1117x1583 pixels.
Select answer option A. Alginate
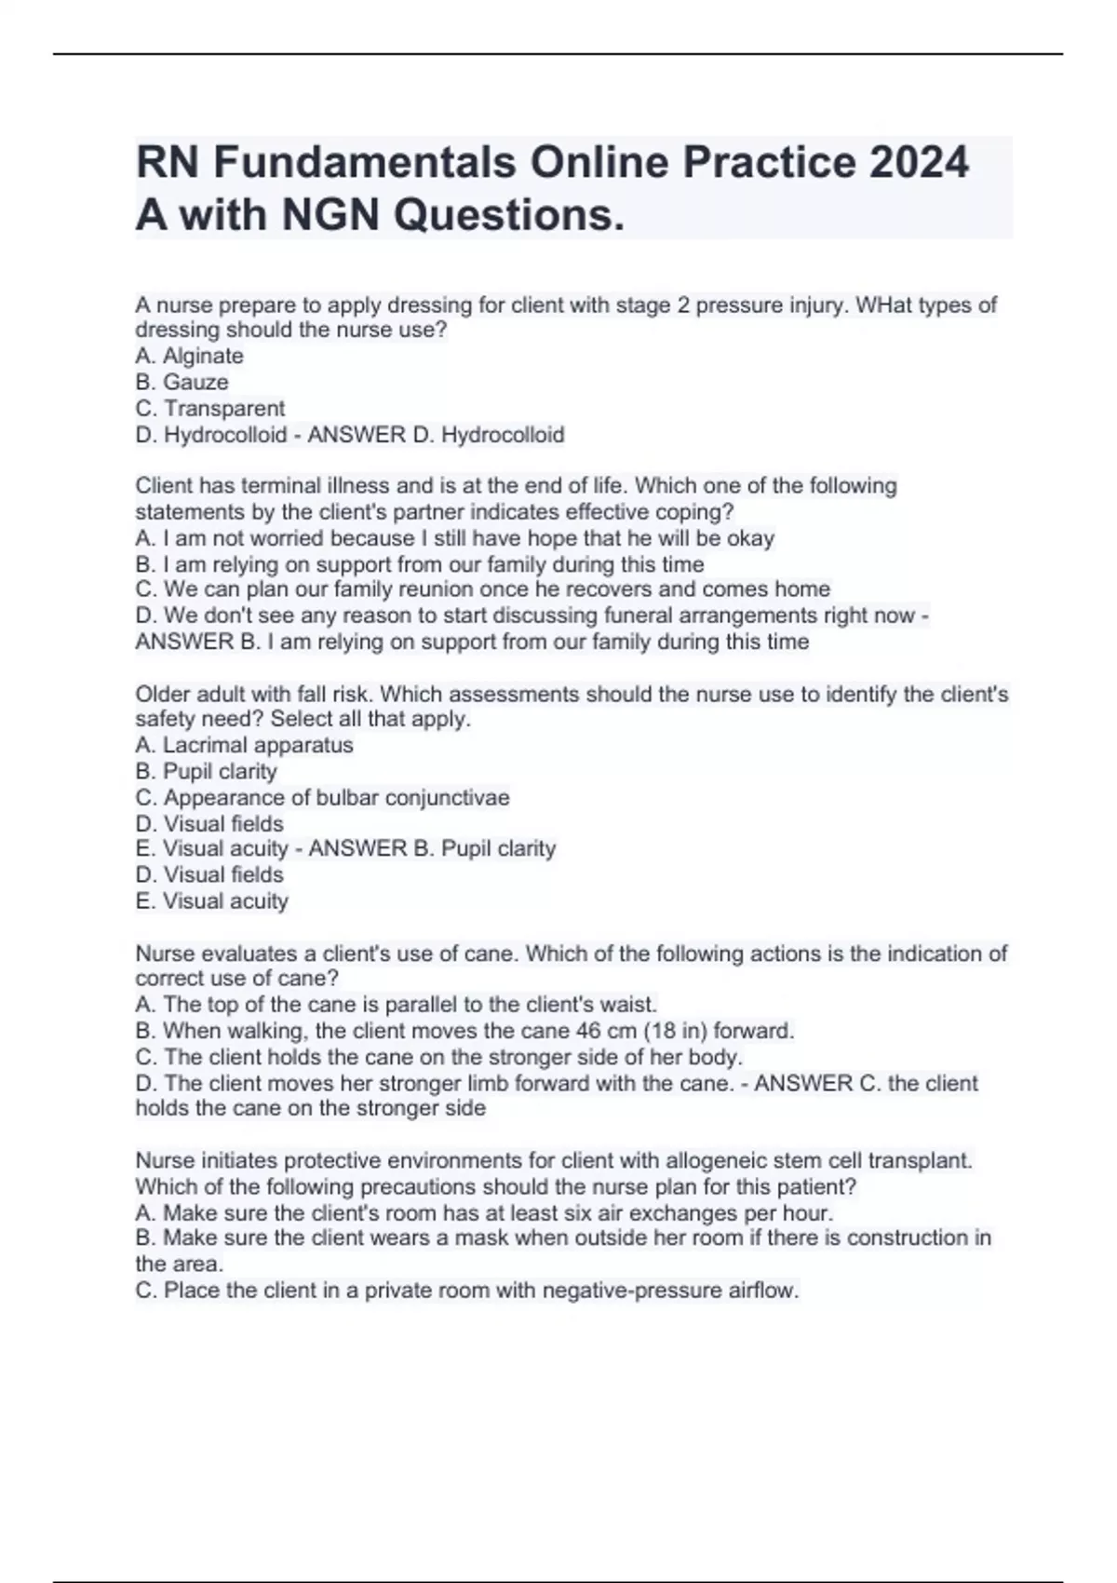pos(189,356)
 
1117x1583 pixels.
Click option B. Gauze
pos(182,382)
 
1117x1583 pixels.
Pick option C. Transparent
pos(209,408)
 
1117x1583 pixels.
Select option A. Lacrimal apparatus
pos(244,745)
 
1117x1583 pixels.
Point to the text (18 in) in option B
pos(679,1031)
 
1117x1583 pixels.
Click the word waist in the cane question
pos(631,1005)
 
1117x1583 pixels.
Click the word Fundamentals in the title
pos(364,162)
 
